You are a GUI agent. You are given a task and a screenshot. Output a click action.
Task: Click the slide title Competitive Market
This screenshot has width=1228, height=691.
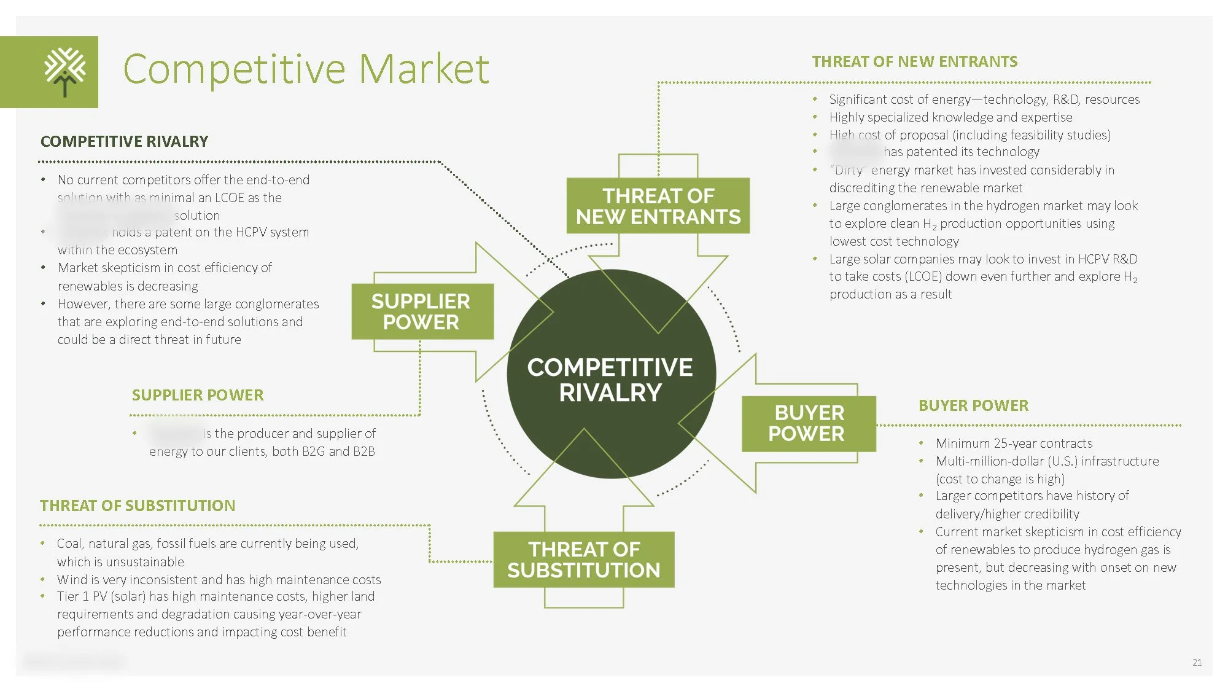pyautogui.click(x=306, y=69)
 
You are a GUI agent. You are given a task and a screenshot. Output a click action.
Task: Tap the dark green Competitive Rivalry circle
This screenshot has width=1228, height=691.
pyautogui.click(x=610, y=379)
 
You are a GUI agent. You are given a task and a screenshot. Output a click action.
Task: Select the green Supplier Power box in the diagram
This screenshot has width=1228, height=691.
pyautogui.click(x=422, y=311)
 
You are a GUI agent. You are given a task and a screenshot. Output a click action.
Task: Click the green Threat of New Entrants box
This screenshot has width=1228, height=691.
pyautogui.click(x=658, y=206)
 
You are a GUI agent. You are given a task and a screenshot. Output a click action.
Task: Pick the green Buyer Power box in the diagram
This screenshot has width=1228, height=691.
pyautogui.click(x=808, y=423)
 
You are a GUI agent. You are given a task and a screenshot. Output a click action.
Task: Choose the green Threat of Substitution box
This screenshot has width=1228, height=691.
pyautogui.click(x=583, y=560)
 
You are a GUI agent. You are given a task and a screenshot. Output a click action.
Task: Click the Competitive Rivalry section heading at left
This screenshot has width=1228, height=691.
pyautogui.click(x=124, y=141)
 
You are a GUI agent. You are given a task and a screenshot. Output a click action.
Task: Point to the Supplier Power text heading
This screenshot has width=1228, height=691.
pyautogui.click(x=197, y=395)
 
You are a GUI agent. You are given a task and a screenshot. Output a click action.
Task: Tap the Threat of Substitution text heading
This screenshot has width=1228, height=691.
pyautogui.click(x=138, y=506)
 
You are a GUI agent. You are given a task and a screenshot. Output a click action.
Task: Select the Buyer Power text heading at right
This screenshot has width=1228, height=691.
pyautogui.click(x=973, y=405)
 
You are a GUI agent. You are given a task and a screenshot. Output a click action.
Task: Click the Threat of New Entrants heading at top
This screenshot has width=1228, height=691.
pyautogui.click(x=914, y=61)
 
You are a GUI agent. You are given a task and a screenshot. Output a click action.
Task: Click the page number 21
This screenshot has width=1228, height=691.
pyautogui.click(x=1197, y=662)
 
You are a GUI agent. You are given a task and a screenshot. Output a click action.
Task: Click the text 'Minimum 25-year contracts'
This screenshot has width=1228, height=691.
pyautogui.click(x=1014, y=443)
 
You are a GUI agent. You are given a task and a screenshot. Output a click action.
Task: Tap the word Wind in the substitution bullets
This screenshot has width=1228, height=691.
pyautogui.click(x=72, y=579)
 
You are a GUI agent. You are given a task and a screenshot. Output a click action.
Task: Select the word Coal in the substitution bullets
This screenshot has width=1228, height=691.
pyautogui.click(x=69, y=544)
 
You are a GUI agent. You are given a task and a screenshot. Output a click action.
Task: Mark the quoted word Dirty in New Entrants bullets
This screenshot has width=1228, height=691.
pyautogui.click(x=849, y=170)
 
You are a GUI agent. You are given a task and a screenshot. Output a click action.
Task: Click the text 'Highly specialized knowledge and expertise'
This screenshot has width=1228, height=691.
pyautogui.click(x=950, y=117)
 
